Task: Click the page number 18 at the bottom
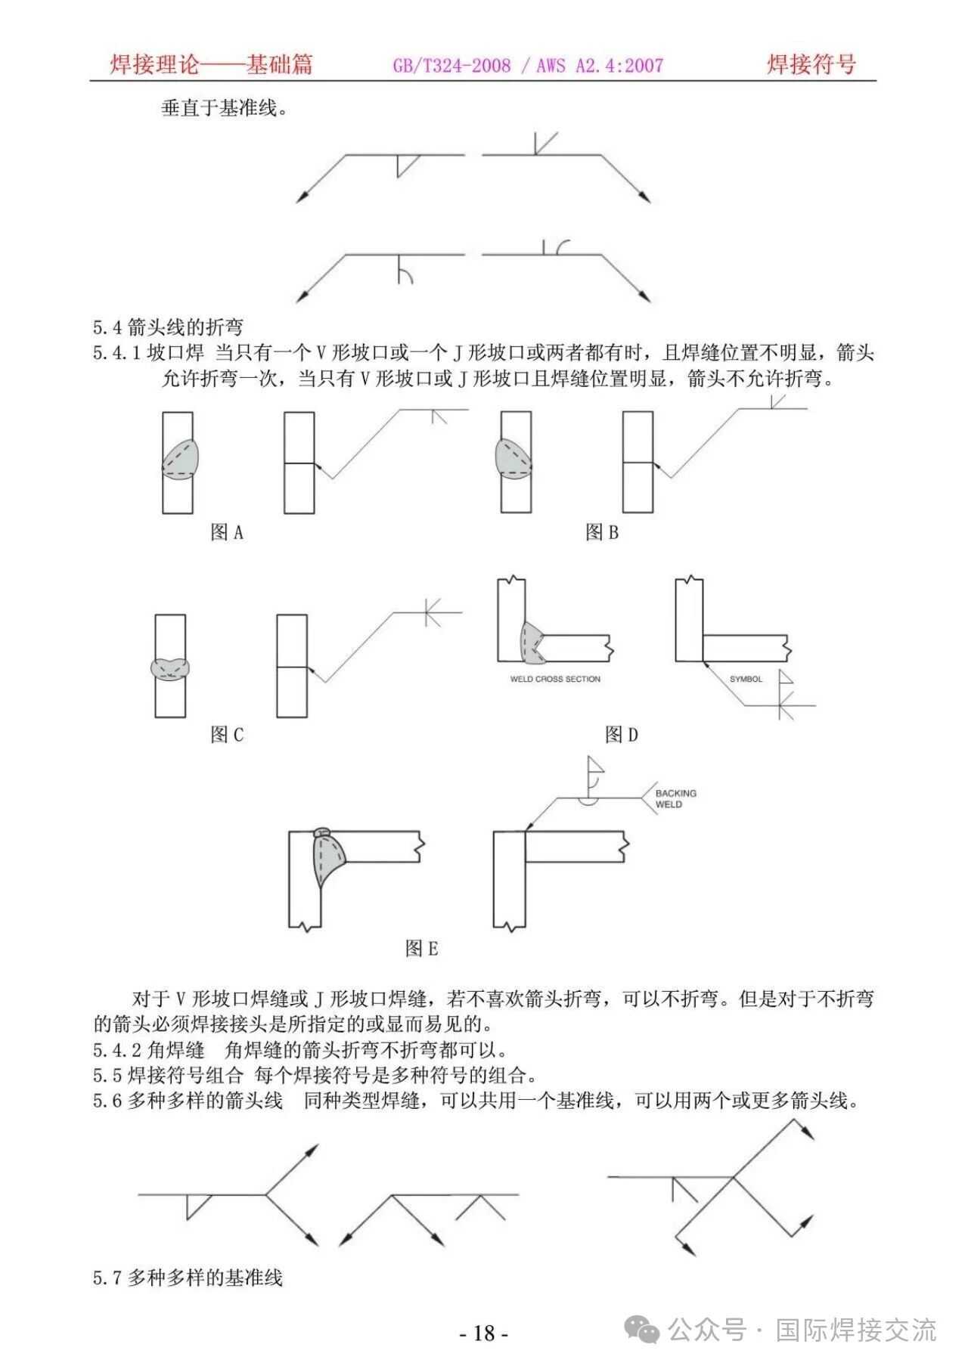(x=484, y=1333)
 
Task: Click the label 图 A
(x=227, y=533)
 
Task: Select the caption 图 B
(x=602, y=533)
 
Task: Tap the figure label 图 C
(x=227, y=734)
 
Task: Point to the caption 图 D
(x=622, y=734)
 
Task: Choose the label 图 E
(x=421, y=948)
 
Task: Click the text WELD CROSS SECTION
(x=555, y=679)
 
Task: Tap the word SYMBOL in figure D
(x=746, y=679)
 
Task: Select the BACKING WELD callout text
(x=675, y=799)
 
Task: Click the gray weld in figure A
(x=181, y=458)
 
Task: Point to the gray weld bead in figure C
(x=170, y=668)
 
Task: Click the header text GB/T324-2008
(x=451, y=66)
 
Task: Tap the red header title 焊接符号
(x=811, y=64)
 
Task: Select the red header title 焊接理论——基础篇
(x=211, y=64)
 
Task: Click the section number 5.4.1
(x=116, y=353)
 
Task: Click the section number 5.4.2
(x=116, y=1050)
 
